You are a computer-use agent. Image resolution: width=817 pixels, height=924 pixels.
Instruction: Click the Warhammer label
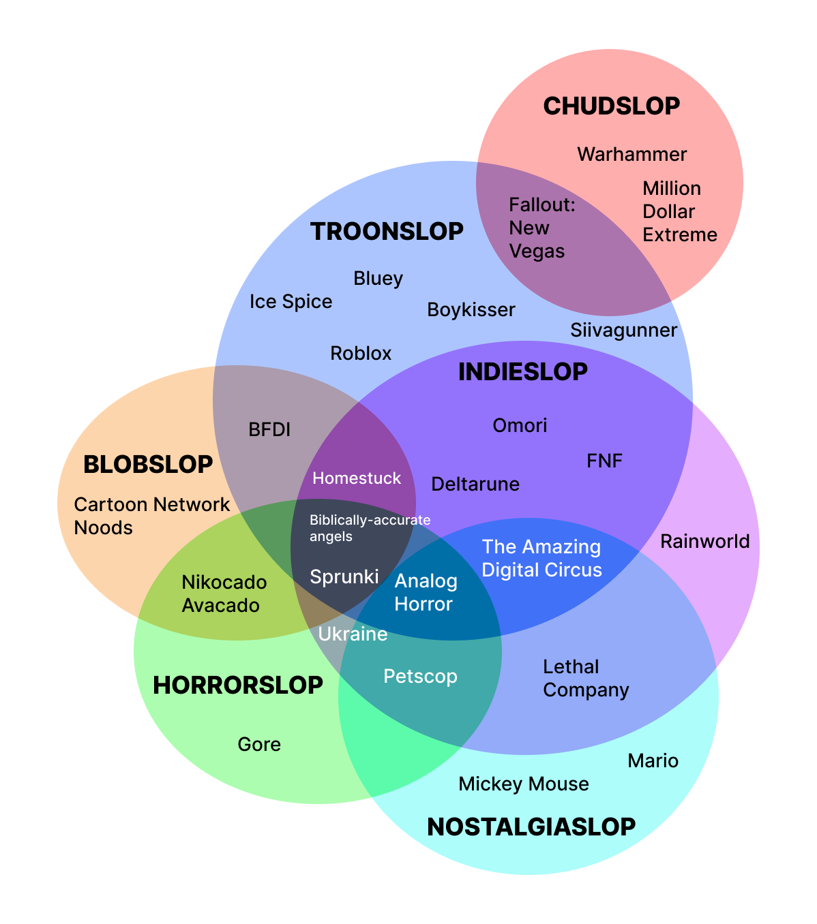[632, 154]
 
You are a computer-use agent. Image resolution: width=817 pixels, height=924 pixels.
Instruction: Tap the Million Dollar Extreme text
[679, 211]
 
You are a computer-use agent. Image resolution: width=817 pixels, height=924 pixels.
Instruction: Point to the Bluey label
[378, 278]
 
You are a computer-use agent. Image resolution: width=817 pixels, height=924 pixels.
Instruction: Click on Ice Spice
[291, 301]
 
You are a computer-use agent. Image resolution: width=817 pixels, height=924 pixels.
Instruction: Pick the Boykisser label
[471, 309]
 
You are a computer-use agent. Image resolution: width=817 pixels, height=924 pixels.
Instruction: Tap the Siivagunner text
[623, 330]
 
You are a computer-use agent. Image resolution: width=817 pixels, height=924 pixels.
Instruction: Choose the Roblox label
[361, 353]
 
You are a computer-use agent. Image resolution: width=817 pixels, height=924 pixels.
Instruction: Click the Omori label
[520, 425]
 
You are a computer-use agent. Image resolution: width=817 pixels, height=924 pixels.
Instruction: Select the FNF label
[604, 461]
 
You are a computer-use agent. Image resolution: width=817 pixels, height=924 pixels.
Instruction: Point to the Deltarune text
[475, 484]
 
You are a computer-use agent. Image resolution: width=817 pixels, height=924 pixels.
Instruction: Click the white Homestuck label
[357, 478]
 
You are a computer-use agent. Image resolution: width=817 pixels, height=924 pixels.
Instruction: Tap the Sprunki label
[344, 576]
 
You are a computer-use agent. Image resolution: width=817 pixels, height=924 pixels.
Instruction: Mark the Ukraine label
[353, 634]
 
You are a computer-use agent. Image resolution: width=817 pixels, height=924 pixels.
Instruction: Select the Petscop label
[420, 676]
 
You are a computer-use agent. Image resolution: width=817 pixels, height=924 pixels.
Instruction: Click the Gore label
[259, 744]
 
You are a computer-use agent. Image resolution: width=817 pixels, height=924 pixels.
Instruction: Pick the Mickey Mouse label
[523, 784]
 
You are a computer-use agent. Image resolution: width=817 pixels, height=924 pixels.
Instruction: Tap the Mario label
[653, 760]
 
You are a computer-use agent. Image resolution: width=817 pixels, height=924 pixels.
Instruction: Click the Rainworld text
[704, 542]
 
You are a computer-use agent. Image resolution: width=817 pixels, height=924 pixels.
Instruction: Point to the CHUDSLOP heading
[611, 106]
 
